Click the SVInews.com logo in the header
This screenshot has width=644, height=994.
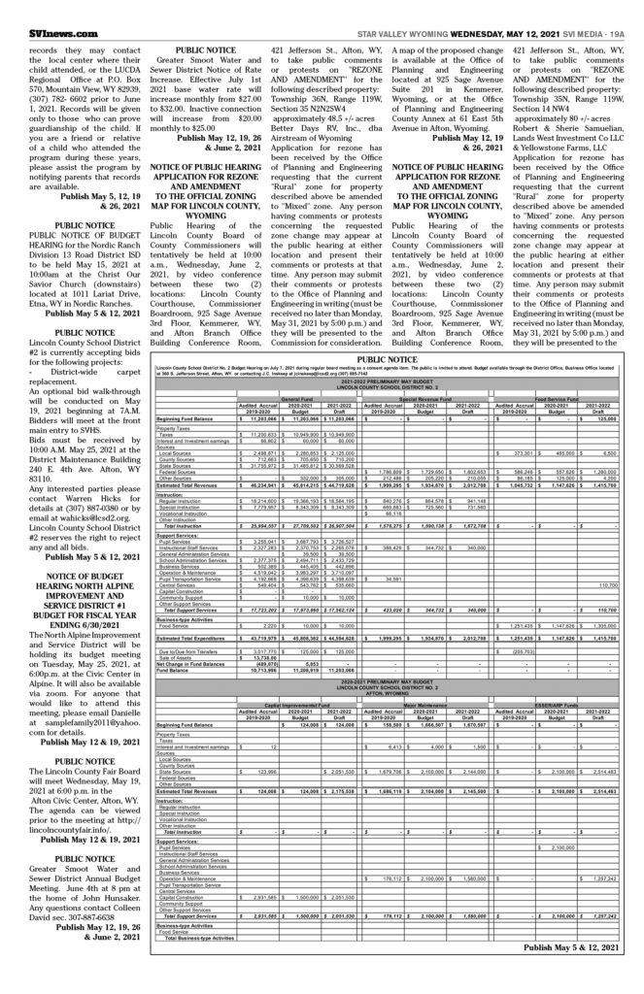pyautogui.click(x=39, y=11)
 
